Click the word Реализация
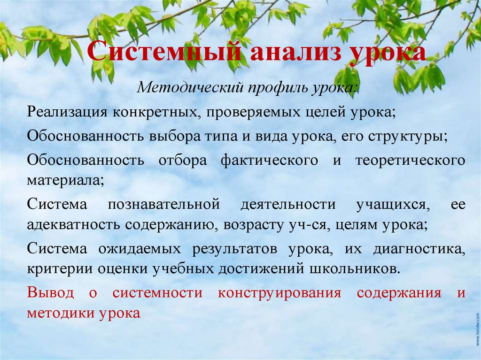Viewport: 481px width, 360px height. pyautogui.click(x=65, y=113)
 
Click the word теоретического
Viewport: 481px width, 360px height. pyautogui.click(x=410, y=160)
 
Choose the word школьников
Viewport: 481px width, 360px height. pyautogui.click(x=360, y=269)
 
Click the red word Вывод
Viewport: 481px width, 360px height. pyautogui.click(x=50, y=293)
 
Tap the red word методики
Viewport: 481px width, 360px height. pyautogui.click(x=59, y=313)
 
